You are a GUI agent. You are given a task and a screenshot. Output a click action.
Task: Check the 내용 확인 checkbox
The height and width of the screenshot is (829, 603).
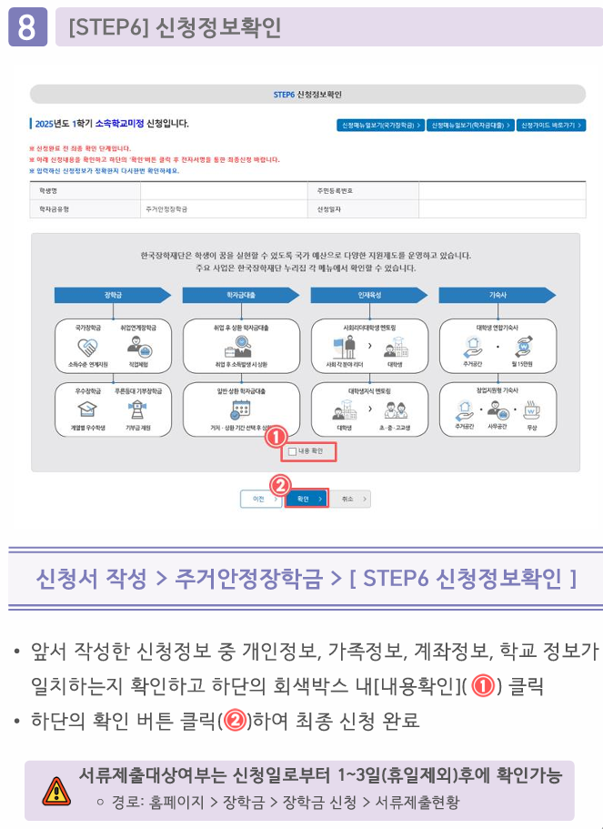click(x=292, y=450)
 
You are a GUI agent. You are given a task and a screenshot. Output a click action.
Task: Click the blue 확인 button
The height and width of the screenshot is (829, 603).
click(x=306, y=499)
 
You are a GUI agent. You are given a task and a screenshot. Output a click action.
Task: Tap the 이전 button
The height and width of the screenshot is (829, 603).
click(x=261, y=499)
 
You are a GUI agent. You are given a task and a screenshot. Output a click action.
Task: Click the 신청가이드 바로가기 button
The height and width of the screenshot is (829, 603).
click(x=551, y=125)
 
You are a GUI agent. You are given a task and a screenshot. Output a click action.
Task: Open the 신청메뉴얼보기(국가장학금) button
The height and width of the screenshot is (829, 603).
click(x=380, y=125)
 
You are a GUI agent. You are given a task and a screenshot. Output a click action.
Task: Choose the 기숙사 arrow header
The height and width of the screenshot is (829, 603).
click(x=497, y=295)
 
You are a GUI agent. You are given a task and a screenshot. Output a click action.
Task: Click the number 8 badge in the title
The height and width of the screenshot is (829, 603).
click(x=27, y=26)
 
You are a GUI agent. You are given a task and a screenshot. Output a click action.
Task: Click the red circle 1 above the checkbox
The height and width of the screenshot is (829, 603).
click(x=276, y=437)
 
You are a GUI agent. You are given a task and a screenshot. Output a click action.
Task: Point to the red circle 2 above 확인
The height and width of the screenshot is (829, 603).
click(x=281, y=485)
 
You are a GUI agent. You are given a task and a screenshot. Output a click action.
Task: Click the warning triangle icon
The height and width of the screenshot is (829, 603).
click(x=56, y=790)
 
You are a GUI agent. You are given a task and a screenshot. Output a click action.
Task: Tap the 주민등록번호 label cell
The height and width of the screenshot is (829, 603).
click(x=334, y=191)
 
